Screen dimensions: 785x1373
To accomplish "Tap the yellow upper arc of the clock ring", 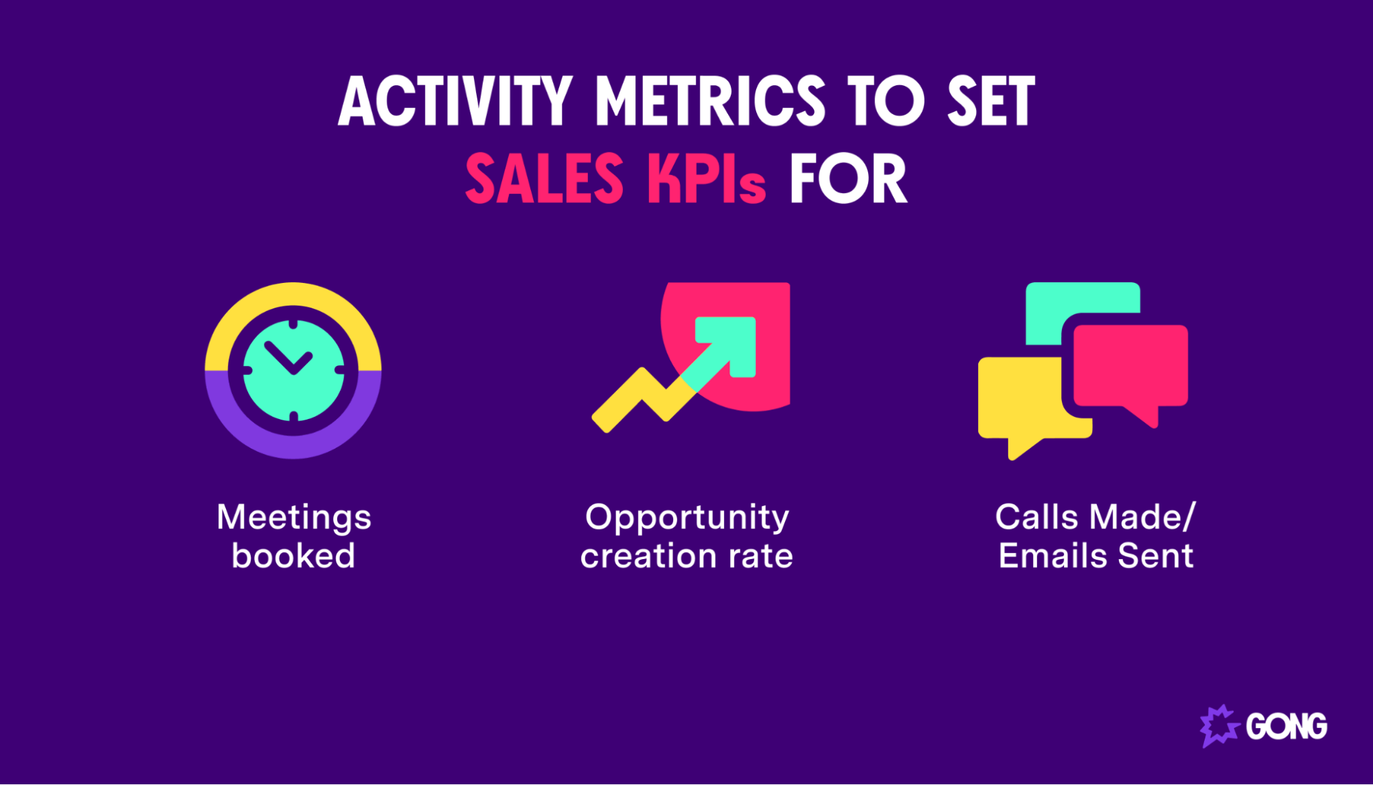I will (x=293, y=295).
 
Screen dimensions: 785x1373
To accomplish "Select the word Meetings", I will (x=294, y=518).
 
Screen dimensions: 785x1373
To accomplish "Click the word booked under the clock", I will (x=293, y=556).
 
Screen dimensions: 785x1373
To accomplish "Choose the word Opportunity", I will (x=687, y=518).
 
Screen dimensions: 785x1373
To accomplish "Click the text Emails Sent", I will (x=1096, y=556).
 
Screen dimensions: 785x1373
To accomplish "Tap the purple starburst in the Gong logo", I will (x=1218, y=726).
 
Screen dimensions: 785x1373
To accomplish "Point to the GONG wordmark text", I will (x=1286, y=727).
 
